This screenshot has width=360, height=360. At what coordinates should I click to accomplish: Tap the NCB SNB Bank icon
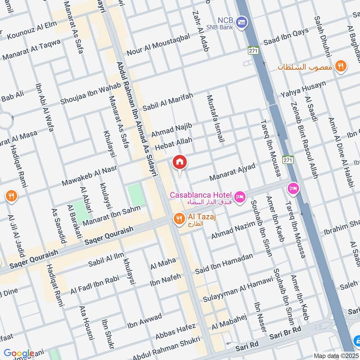tap(242, 21)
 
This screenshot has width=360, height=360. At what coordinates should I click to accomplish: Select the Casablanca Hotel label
tap(201, 195)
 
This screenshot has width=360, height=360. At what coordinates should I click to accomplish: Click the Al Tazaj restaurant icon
tap(179, 219)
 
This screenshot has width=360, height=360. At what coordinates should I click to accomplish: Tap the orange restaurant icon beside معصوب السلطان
tap(341, 66)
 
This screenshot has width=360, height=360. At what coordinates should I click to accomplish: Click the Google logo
tap(19, 353)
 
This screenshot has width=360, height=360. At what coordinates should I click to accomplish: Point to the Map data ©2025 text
tap(336, 355)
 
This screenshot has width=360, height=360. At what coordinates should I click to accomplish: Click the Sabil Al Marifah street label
tap(168, 102)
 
